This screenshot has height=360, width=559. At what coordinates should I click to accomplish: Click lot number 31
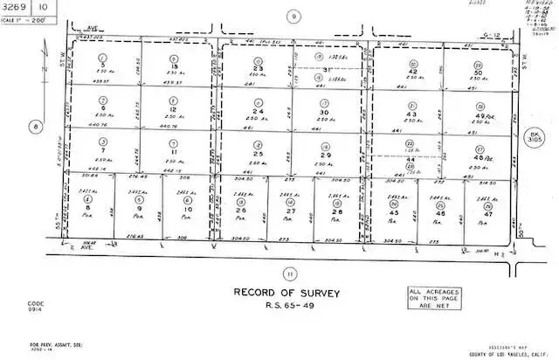[x=327, y=71]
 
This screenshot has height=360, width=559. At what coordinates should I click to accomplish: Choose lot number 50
[x=479, y=74]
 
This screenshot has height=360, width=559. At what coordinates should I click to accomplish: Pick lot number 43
[x=411, y=114]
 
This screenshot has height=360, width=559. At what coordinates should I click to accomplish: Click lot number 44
[x=410, y=160]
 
